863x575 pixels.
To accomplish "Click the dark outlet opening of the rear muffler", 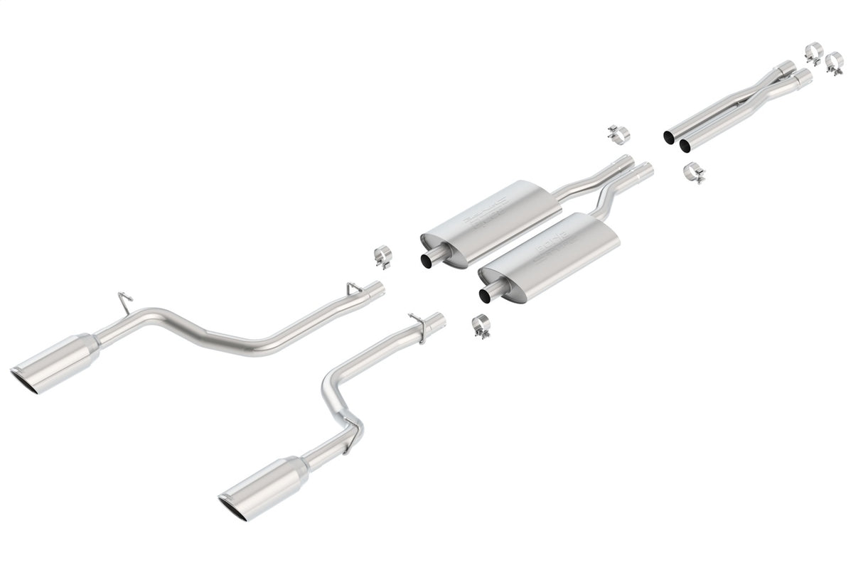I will point(429,261).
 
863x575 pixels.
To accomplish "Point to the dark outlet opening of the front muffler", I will point(486,294).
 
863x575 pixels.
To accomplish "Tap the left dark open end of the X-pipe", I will point(669,136).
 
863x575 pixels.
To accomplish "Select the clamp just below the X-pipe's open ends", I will point(693,172).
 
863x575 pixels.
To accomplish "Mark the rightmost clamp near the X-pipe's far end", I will point(835,63).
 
